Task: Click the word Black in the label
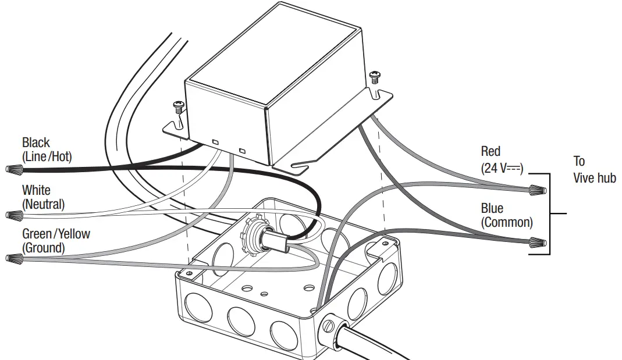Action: (x=35, y=142)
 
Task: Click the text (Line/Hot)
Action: (x=47, y=156)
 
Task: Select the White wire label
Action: (x=36, y=190)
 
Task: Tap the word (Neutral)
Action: (x=44, y=204)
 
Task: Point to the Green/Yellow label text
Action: (x=56, y=234)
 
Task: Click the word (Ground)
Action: (x=44, y=248)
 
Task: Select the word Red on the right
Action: (x=491, y=151)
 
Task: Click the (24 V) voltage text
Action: (x=502, y=169)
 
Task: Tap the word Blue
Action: (x=492, y=208)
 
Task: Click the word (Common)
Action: (x=506, y=222)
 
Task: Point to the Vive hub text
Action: (x=594, y=178)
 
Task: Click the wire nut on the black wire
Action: (x=13, y=170)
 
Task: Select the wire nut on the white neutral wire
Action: (x=13, y=216)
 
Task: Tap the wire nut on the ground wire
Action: (x=13, y=258)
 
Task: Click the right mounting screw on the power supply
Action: (x=375, y=76)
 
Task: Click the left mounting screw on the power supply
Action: (x=178, y=105)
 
